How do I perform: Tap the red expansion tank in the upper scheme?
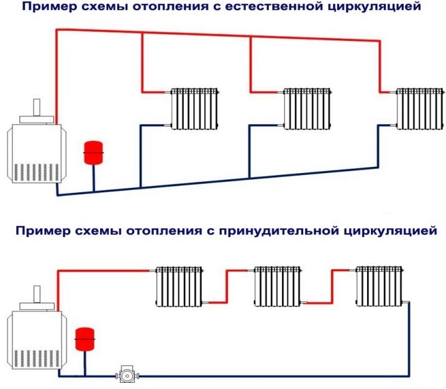(x=93, y=153)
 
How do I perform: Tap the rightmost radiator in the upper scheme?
(x=420, y=108)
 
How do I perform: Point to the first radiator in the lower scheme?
(x=180, y=286)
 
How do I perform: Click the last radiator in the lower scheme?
(x=381, y=286)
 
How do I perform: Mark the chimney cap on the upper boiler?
(x=36, y=114)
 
